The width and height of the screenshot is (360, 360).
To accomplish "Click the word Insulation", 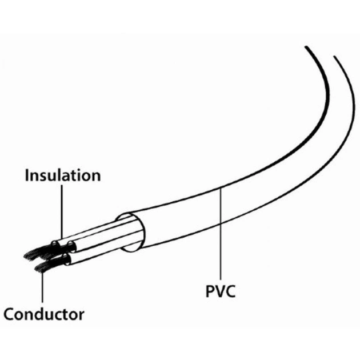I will [62, 175].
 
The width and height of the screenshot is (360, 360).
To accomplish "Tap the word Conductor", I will [44, 314].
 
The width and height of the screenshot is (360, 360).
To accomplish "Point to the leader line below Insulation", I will [61, 211].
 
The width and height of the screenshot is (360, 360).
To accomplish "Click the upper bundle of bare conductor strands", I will [35, 252].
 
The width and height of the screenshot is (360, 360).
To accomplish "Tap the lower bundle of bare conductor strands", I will [45, 266].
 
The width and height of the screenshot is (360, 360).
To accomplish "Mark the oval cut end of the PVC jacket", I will [131, 232].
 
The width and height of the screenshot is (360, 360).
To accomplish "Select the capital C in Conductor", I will [10, 314].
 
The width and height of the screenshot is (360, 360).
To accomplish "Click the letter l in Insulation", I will [59, 174].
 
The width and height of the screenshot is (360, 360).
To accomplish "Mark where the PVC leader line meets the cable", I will [221, 193].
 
